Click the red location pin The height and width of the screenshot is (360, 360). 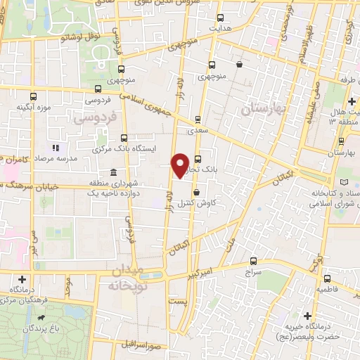181,165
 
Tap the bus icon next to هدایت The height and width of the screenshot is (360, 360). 220,18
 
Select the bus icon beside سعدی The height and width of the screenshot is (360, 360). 197,120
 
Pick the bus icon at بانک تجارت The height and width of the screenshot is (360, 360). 198,158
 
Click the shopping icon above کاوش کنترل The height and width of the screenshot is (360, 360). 195,192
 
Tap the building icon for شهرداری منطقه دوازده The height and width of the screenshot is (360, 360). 113,173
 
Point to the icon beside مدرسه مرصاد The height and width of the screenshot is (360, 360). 56,148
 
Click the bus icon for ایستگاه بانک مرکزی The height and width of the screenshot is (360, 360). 124,139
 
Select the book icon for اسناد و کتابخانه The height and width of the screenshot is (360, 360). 344,183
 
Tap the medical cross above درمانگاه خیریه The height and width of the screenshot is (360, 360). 307,316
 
